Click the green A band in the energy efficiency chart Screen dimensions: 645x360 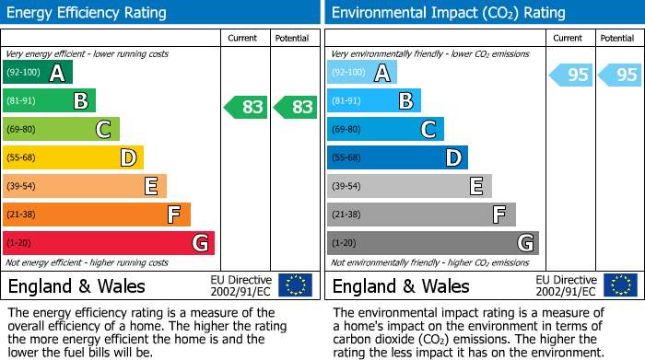tap(38, 72)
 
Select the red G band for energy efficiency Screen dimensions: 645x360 tap(109, 243)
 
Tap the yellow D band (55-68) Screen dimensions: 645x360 tap(73, 157)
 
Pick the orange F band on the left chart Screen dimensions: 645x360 tap(97, 215)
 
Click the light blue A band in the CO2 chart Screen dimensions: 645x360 tap(362, 72)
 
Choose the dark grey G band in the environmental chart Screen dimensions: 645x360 tap(433, 243)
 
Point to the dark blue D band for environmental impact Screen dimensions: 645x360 tap(397, 157)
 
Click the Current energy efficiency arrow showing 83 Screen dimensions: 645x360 tap(245, 107)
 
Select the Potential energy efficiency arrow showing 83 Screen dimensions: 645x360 tap(295, 107)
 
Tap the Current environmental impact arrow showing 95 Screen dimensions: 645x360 tap(570, 75)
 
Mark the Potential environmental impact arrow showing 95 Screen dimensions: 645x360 tap(619, 75)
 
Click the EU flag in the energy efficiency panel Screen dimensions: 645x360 tap(295, 285)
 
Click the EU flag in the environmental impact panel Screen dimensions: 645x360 tap(620, 285)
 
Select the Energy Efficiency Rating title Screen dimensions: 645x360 tap(87, 13)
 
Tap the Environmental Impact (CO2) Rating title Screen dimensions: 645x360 tap(449, 13)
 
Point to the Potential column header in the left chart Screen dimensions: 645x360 tap(292, 39)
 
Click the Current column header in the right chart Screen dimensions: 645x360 tap(568, 39)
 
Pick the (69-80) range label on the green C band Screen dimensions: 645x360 tap(21, 129)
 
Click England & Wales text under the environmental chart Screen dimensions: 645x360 tap(401, 286)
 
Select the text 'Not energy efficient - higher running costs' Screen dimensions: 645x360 tap(87, 262)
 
